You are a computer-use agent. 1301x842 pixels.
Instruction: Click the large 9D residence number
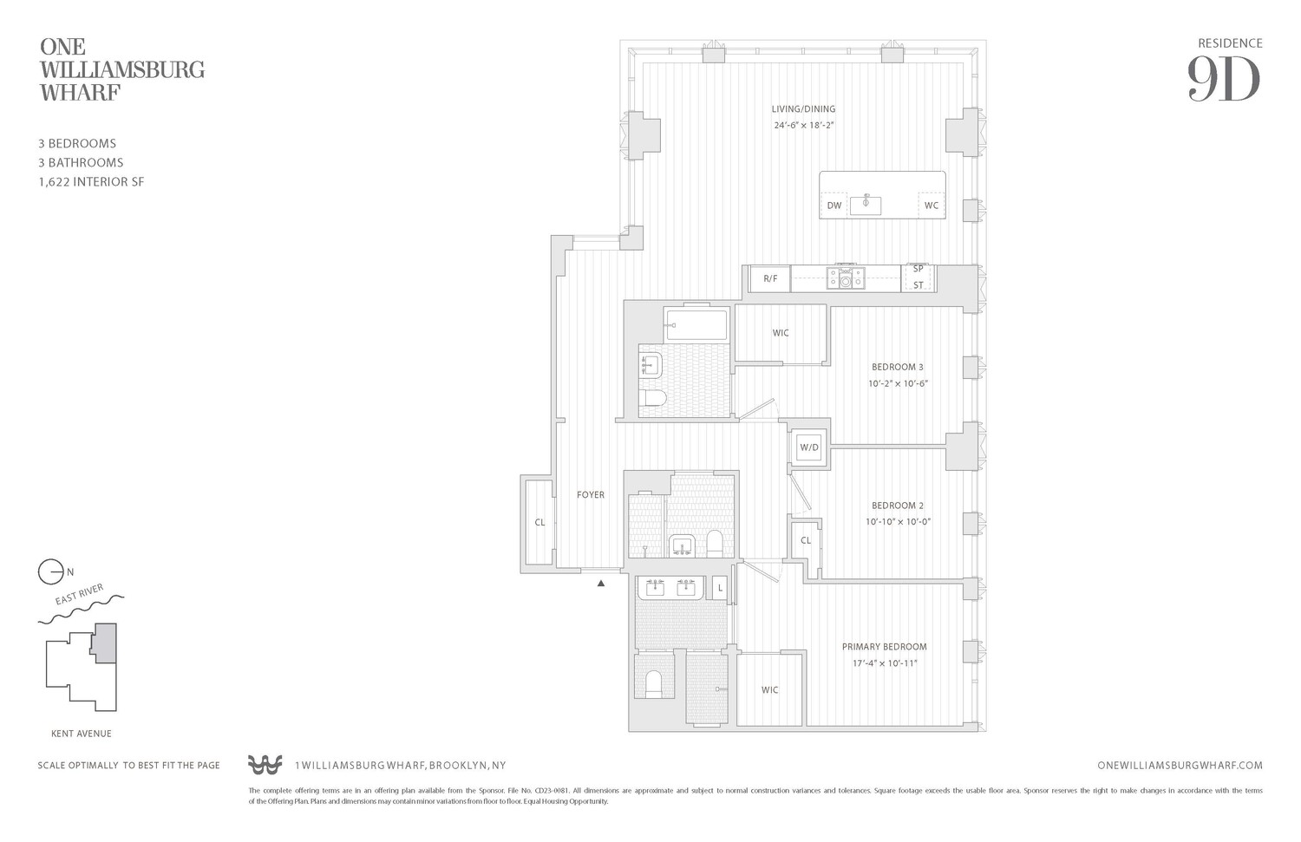point(1223,79)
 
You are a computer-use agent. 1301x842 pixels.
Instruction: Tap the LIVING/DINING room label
point(803,109)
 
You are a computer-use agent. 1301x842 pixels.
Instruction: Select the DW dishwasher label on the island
point(834,206)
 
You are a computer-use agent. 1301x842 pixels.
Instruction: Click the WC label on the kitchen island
point(931,206)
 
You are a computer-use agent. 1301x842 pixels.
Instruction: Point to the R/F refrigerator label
point(770,278)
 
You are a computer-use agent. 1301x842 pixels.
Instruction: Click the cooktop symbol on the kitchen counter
point(845,277)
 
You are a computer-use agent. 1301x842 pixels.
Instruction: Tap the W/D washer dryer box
point(809,447)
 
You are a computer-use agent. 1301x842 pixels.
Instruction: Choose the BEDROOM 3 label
point(897,367)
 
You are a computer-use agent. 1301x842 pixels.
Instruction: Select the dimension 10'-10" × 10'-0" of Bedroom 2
point(898,522)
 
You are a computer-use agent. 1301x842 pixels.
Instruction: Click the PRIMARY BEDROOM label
point(884,647)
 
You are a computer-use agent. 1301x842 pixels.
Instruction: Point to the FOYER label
point(591,495)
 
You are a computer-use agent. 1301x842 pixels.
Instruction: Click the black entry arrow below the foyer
point(600,584)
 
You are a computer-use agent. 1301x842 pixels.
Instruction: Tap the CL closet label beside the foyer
point(539,522)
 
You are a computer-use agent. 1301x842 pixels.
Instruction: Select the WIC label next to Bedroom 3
point(781,333)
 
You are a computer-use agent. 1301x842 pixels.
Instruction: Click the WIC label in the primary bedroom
point(769,690)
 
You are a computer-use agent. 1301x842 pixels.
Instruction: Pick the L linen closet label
point(719,589)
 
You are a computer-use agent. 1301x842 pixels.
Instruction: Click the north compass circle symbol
point(50,572)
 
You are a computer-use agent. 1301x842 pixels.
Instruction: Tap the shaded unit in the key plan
point(105,643)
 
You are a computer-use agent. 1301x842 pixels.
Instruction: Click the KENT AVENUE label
point(82,734)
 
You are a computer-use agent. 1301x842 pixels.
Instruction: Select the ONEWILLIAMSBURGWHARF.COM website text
point(1180,766)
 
